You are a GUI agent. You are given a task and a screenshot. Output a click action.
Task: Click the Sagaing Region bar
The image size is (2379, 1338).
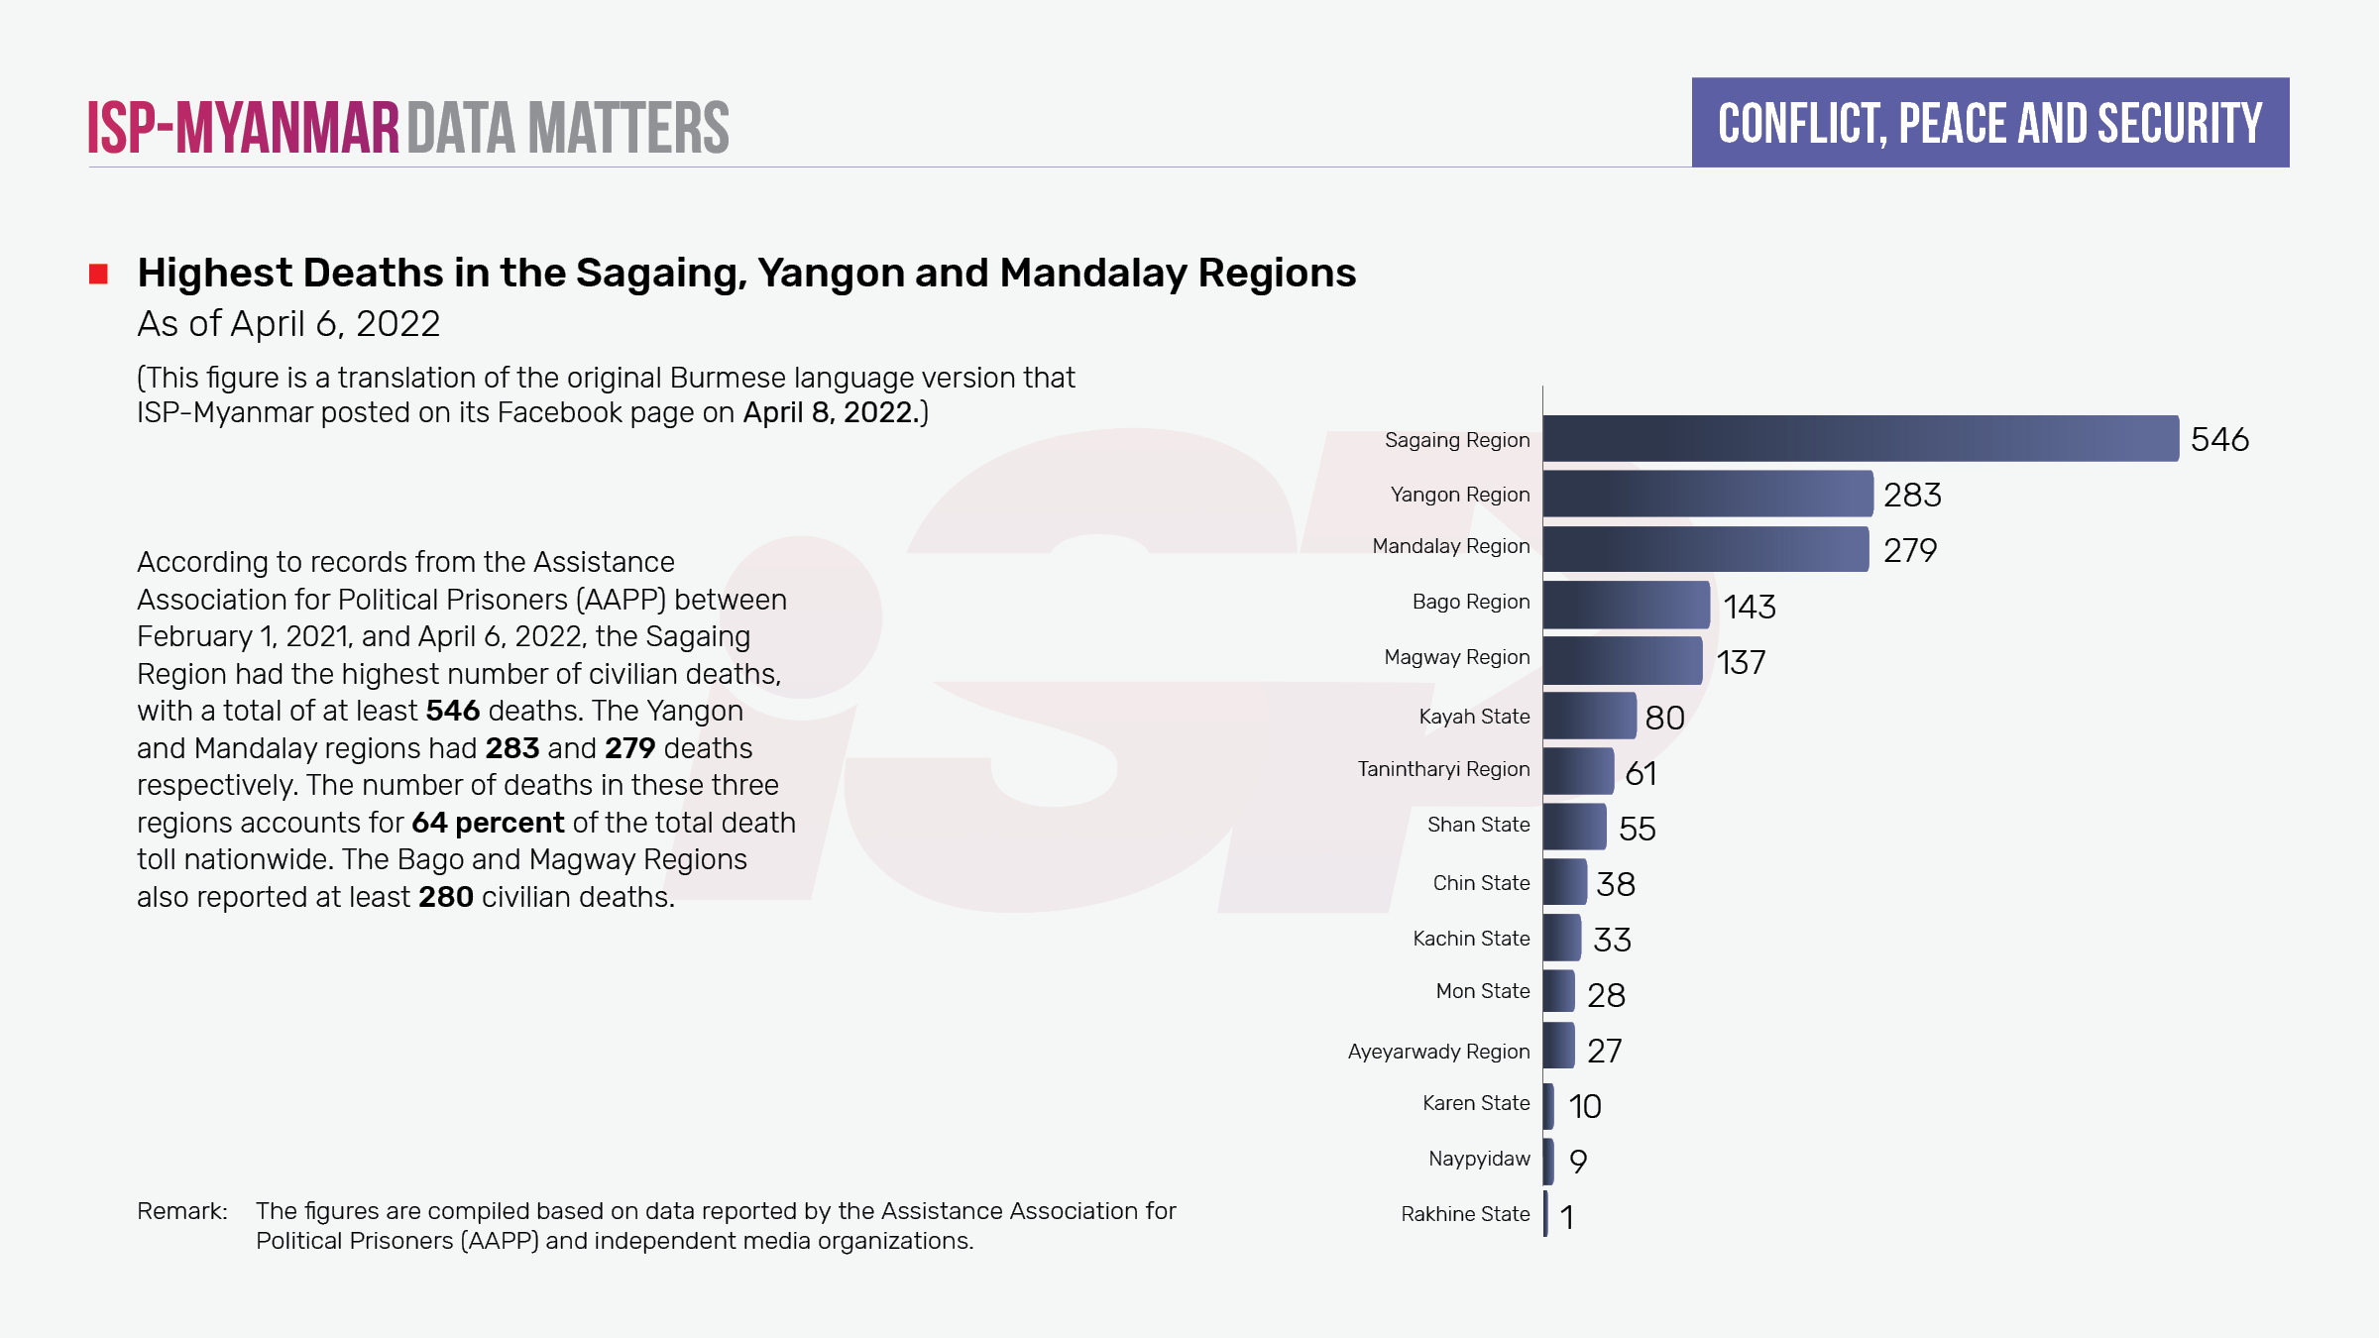point(1860,438)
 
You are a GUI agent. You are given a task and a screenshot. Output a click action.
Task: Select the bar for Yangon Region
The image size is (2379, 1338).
point(1707,494)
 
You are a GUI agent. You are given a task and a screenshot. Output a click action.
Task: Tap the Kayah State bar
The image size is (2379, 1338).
point(1589,716)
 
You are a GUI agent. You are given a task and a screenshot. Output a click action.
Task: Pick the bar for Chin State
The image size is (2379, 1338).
point(1564,882)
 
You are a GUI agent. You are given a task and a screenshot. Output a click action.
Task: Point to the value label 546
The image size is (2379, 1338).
point(2219,439)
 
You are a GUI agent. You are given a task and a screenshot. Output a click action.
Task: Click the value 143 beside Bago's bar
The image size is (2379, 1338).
point(1749,607)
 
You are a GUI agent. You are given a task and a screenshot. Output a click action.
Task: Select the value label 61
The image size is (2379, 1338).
point(1641,773)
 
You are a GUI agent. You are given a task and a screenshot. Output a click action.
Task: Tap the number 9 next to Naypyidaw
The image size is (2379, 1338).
point(1578,1161)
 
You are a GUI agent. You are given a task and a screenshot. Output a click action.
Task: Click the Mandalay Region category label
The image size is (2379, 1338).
point(1450,546)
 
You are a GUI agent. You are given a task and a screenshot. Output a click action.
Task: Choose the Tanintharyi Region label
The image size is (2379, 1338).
point(1443,769)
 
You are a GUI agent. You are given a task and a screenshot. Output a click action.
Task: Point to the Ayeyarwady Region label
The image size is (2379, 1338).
point(1438,1052)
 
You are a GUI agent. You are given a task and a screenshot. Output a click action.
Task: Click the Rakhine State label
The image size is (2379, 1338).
point(1465,1214)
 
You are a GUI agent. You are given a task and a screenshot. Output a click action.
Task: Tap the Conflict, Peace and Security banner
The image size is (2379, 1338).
point(1989,123)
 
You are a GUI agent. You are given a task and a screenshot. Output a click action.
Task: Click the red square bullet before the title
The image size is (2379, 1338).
point(98,274)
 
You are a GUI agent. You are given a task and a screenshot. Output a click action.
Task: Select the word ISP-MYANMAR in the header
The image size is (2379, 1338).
point(243,128)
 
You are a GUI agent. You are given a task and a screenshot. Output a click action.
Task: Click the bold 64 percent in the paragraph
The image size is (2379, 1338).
point(488,823)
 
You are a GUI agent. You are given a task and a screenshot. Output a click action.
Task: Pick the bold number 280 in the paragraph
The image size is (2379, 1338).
point(445,897)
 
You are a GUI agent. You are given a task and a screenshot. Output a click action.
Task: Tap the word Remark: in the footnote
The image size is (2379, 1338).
point(182,1211)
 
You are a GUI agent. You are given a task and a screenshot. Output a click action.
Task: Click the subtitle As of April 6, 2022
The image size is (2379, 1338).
point(288,324)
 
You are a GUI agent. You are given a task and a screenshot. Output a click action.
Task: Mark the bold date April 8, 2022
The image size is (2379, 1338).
point(828,412)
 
